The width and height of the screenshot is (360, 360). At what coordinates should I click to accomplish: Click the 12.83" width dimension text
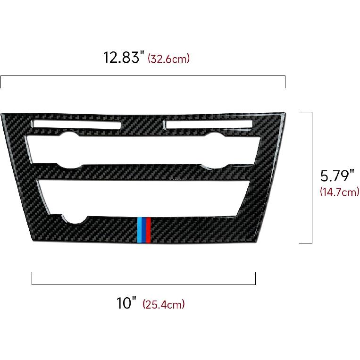[124, 58]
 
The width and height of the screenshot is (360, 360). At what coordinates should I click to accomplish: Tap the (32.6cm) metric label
[169, 59]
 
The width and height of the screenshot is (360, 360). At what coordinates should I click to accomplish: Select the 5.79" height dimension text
[337, 176]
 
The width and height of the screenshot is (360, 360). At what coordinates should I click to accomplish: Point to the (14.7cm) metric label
[339, 192]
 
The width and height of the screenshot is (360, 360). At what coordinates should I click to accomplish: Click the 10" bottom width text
[126, 303]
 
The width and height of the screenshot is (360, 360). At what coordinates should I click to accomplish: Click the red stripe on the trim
[149, 230]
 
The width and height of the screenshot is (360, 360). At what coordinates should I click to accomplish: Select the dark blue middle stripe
[144, 230]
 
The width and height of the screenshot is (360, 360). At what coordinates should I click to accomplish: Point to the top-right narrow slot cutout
[208, 124]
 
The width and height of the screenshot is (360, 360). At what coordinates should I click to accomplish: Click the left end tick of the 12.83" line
[1, 82]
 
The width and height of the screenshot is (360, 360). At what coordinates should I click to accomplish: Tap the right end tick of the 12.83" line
[285, 82]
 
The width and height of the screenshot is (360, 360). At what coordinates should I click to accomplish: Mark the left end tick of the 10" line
[32, 278]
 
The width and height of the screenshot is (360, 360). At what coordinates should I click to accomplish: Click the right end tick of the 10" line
[255, 278]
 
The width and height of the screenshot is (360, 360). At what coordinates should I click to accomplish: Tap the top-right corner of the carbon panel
[285, 114]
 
